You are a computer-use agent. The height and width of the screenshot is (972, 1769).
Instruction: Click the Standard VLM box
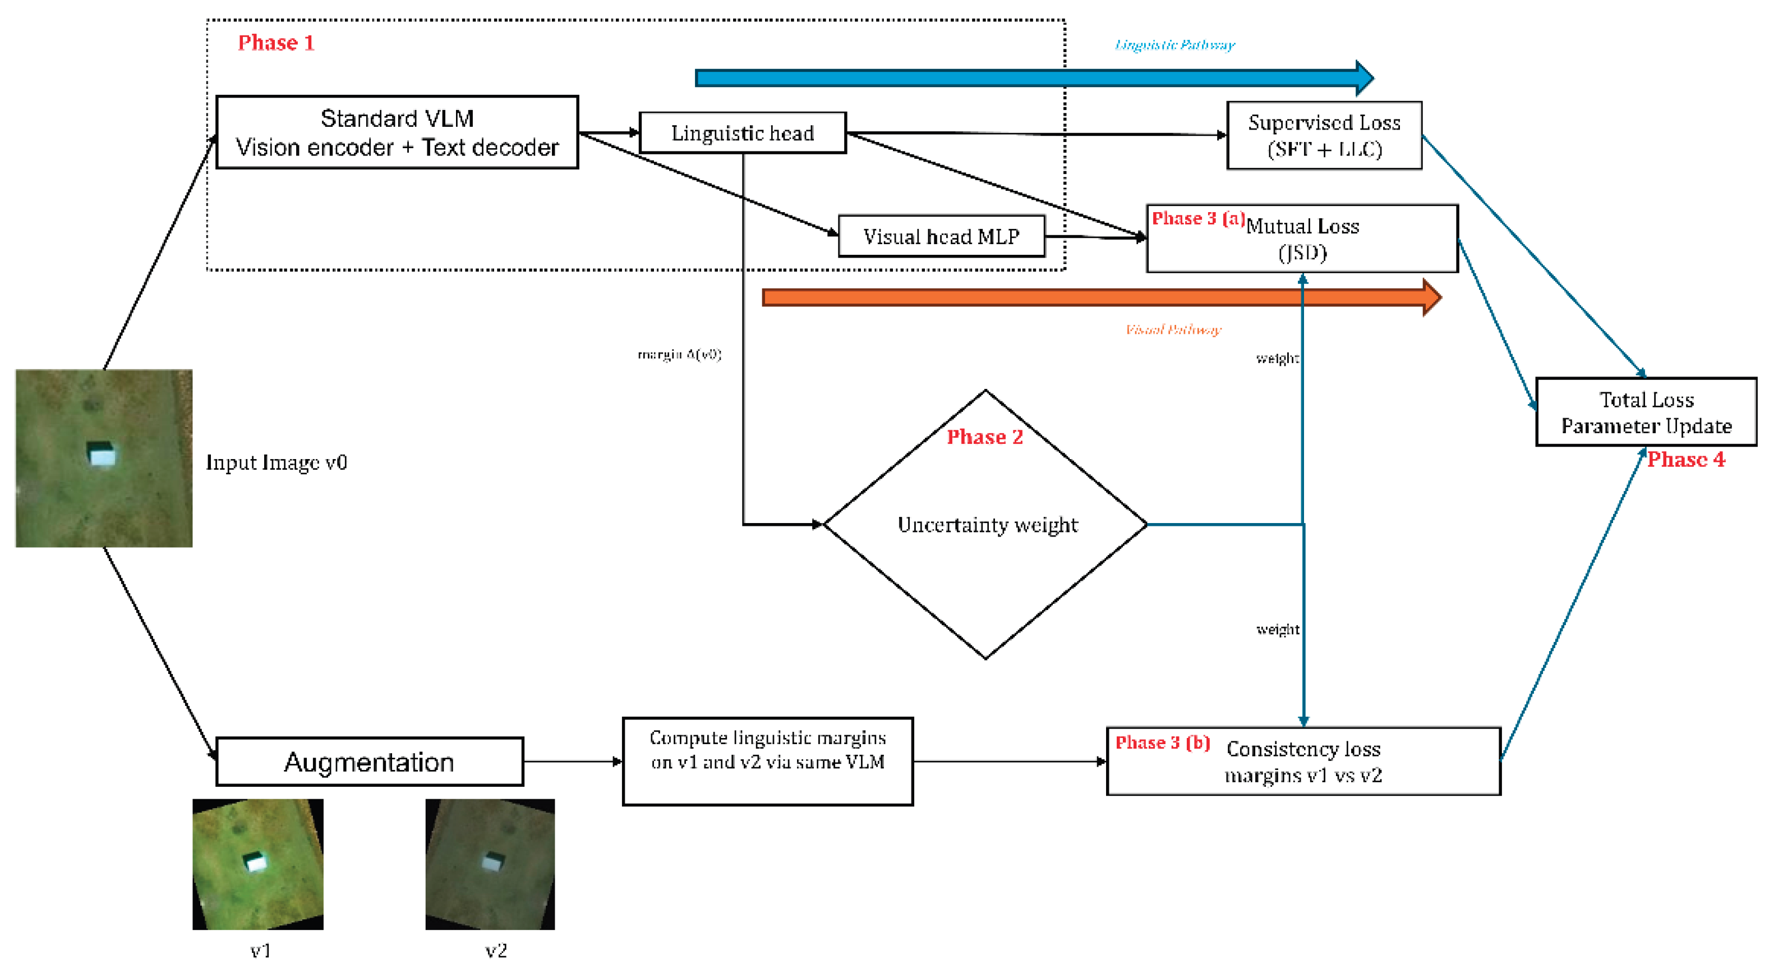pos(397,132)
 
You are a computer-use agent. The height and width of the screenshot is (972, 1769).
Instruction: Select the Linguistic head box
pos(743,132)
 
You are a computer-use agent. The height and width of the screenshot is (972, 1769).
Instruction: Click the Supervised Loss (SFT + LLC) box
pos(1324,135)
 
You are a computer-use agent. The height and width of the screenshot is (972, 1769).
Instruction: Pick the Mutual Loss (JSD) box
pos(1302,239)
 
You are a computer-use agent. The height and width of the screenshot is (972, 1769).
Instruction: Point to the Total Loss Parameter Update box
pos(1646,412)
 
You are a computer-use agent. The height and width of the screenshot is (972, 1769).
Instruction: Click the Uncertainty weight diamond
pos(986,525)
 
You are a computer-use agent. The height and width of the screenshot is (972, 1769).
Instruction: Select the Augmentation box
pos(370,762)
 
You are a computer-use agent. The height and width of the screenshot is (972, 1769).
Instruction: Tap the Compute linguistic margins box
pos(768,761)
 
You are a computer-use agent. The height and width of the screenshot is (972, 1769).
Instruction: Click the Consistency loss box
pos(1303,761)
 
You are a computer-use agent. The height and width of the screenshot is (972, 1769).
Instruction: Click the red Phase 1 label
pos(276,43)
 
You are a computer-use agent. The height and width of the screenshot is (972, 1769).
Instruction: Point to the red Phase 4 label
pos(1686,460)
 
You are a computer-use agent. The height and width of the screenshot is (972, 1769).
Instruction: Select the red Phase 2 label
pos(985,437)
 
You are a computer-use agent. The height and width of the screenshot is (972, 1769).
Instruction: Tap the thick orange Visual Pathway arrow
pos(1099,297)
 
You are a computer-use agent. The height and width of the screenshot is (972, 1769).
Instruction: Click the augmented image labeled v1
pos(257,864)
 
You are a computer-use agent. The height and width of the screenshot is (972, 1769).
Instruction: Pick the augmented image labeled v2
pos(490,864)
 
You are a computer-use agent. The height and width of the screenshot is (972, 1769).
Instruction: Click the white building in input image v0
pos(102,455)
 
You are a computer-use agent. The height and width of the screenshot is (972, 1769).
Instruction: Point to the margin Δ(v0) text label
pos(679,355)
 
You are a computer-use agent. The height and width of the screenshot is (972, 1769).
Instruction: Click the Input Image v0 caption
pos(277,462)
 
